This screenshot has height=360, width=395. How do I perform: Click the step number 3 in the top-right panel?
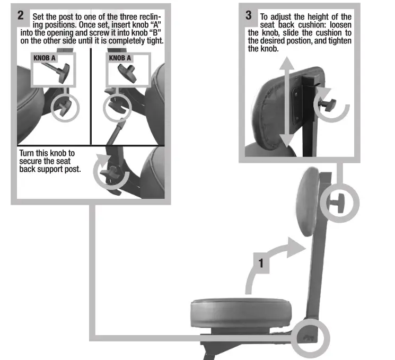(249, 15)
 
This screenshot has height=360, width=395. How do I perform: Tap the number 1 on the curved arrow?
(261, 262)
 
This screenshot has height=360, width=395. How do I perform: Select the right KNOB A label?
(120, 57)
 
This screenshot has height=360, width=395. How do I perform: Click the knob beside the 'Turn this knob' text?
(112, 171)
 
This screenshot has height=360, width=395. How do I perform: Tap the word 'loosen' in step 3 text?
(337, 25)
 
